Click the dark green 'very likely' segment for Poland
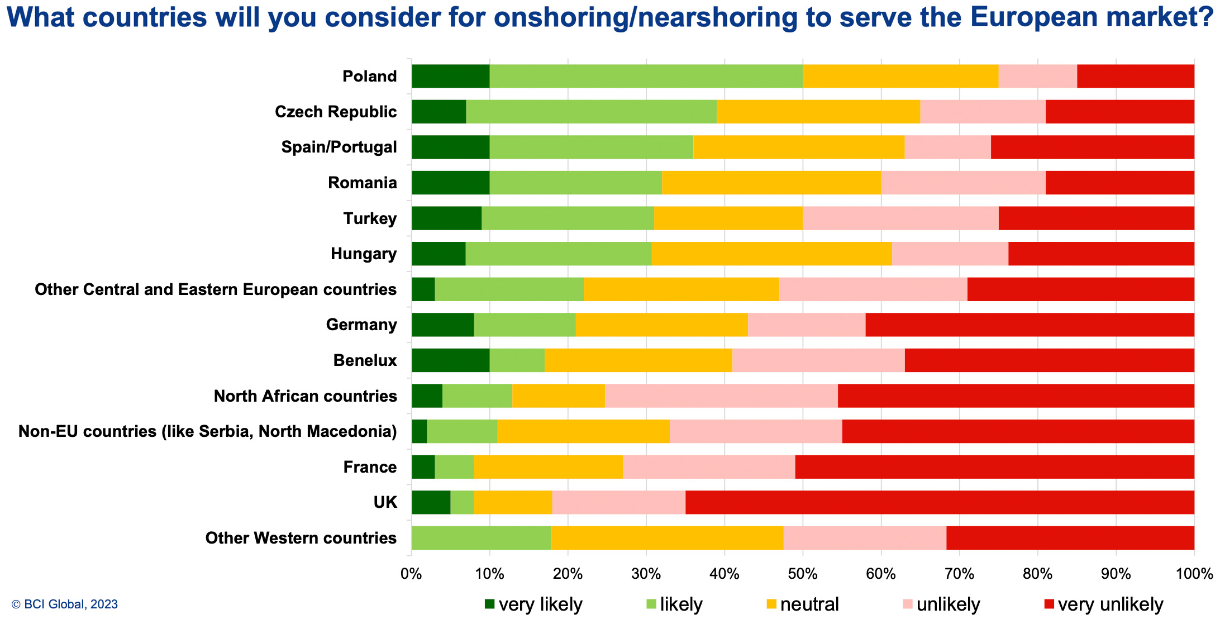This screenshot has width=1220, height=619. click(450, 76)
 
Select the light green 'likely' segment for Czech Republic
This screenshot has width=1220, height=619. click(591, 112)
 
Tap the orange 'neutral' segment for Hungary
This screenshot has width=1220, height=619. click(771, 254)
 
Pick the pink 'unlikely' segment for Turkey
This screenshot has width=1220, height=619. click(900, 218)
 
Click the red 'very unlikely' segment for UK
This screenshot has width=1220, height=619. click(940, 502)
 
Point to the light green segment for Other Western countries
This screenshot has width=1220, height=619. click(481, 538)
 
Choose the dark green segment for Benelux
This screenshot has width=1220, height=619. click(450, 360)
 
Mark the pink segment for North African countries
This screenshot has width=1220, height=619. click(721, 396)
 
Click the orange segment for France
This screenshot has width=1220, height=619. click(548, 467)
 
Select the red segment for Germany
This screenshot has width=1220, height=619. click(1030, 325)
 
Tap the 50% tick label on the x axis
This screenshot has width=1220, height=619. click(803, 574)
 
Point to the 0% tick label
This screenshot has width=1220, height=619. click(412, 574)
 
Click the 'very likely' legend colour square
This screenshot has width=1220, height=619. click(490, 604)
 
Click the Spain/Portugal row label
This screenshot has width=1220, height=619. click(339, 147)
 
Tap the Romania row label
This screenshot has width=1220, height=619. click(363, 183)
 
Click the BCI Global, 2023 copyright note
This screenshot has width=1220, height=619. click(65, 604)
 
